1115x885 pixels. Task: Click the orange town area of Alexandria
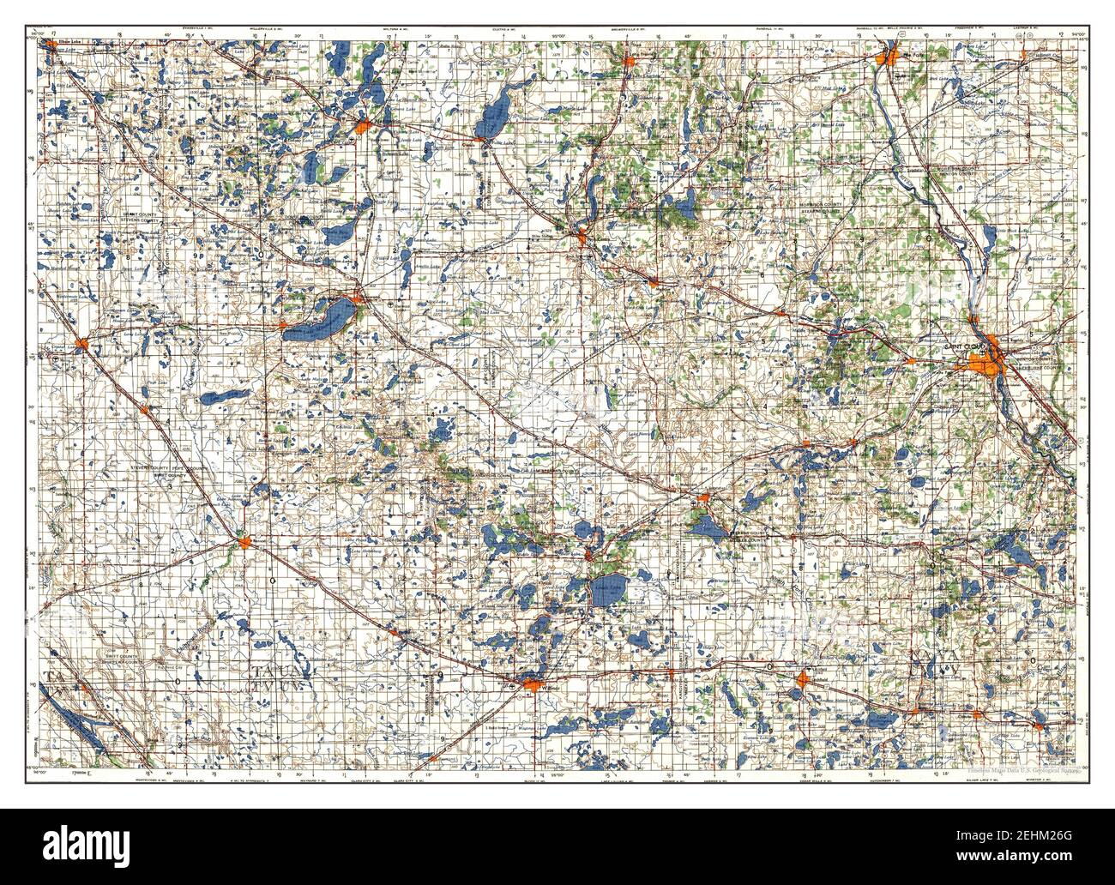(362, 129)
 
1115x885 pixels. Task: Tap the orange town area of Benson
(245, 542)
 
